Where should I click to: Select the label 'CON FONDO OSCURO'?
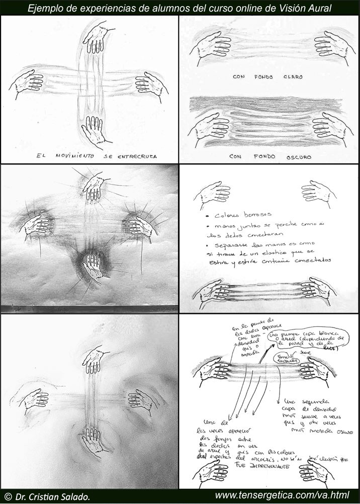269,156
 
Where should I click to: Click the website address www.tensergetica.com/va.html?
282,496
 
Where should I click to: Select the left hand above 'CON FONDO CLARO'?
211,47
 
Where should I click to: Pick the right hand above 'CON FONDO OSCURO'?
329,130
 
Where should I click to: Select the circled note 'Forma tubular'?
283,359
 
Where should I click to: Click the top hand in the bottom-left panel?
95,360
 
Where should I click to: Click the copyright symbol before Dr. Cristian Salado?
7,496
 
